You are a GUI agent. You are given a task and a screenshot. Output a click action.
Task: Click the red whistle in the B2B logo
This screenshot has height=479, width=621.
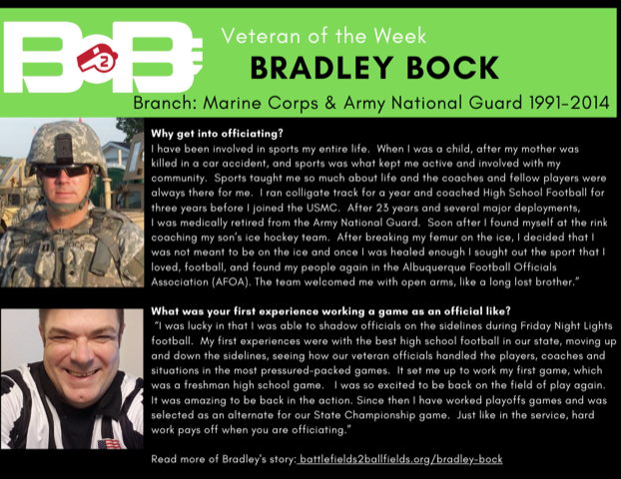98,58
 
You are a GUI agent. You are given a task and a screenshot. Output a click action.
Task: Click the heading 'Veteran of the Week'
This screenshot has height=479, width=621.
323,36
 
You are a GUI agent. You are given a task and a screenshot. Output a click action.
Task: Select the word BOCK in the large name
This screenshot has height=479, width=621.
452,68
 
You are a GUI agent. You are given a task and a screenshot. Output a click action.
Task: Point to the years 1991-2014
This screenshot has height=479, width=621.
569,103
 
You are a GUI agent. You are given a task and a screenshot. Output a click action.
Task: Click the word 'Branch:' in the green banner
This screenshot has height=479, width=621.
165,103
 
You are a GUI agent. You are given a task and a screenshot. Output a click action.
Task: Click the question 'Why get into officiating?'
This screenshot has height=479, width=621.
217,134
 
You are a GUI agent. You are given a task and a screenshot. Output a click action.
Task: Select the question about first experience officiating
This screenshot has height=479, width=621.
330,311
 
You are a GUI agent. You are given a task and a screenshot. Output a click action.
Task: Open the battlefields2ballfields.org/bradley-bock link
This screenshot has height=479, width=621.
400,459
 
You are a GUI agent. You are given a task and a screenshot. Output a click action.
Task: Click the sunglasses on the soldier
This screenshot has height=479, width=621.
64,171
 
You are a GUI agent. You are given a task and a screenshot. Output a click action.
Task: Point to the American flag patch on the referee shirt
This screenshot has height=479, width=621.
109,443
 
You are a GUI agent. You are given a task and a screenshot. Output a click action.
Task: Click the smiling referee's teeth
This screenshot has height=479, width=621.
83,372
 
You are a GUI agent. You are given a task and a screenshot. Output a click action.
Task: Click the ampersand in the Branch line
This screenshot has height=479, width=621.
330,103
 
